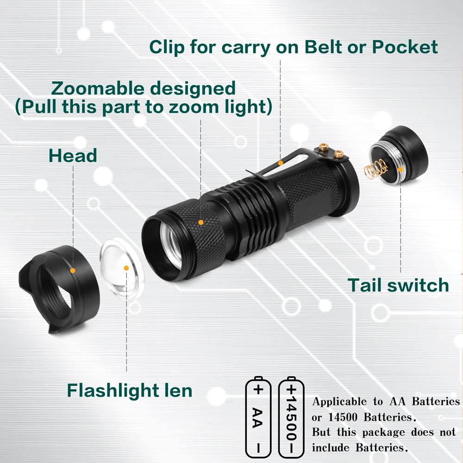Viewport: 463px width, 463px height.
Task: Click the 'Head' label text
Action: (x=73, y=156)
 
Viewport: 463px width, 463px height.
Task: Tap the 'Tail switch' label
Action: (x=398, y=285)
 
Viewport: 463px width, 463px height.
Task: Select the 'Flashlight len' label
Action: (x=130, y=390)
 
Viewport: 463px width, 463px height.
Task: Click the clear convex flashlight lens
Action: (x=121, y=269)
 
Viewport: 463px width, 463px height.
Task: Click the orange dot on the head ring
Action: (x=73, y=269)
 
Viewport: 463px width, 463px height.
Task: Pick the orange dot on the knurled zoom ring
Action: (x=200, y=222)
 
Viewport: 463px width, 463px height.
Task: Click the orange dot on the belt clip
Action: (x=281, y=163)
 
